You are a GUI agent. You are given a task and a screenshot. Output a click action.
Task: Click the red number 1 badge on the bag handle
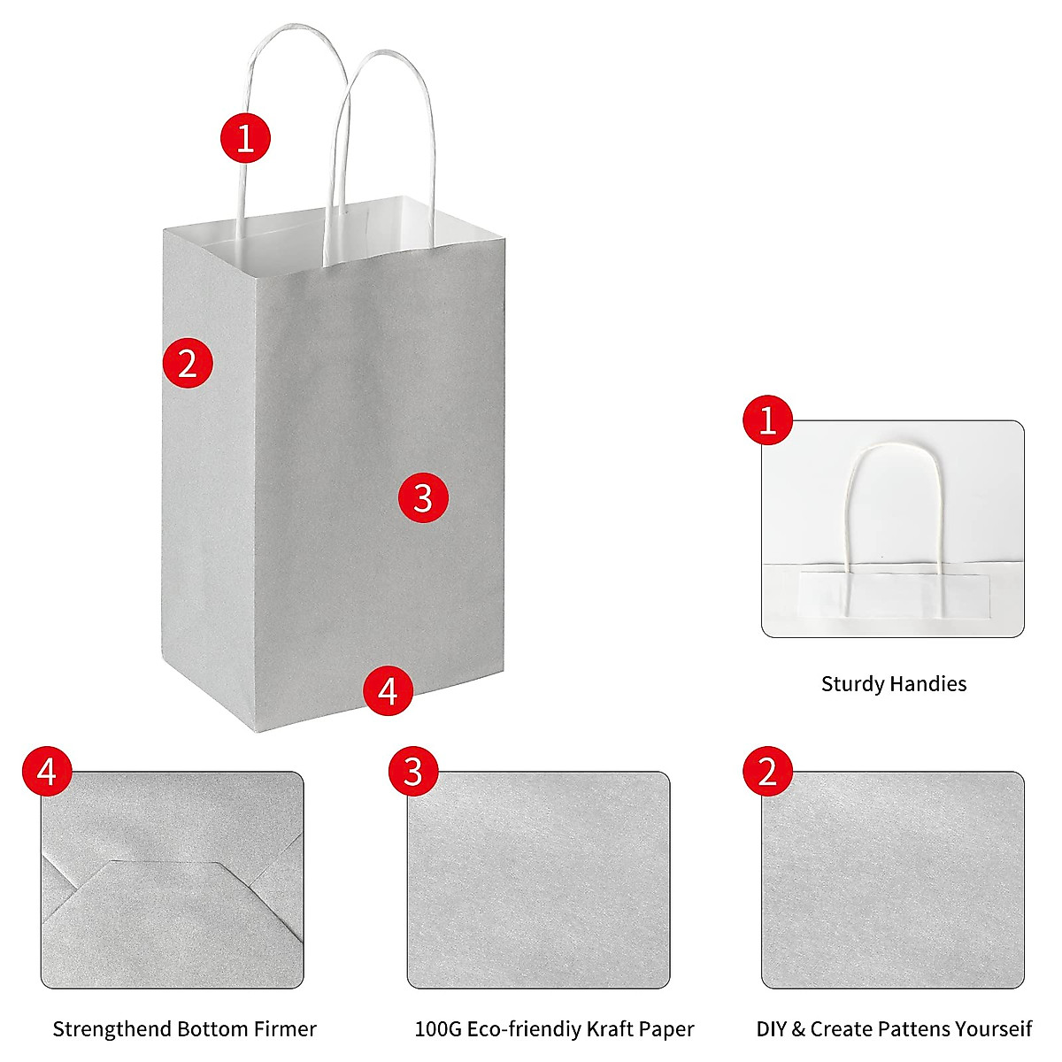pyautogui.click(x=245, y=138)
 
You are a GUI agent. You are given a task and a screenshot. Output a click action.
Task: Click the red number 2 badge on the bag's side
pyautogui.click(x=188, y=363)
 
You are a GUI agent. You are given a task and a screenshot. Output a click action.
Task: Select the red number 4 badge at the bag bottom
pyautogui.click(x=389, y=690)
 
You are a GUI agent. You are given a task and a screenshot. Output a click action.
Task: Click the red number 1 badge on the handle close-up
pyautogui.click(x=767, y=419)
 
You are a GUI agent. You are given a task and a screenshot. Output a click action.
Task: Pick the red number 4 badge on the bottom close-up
pyautogui.click(x=47, y=771)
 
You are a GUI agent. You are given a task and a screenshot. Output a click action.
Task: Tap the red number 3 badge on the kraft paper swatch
pyautogui.click(x=413, y=771)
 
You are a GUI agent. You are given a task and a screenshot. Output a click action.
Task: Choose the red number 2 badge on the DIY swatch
pyautogui.click(x=767, y=771)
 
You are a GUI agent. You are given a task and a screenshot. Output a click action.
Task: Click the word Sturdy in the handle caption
pyautogui.click(x=852, y=684)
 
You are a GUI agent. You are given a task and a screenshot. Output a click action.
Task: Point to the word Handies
pyautogui.click(x=928, y=684)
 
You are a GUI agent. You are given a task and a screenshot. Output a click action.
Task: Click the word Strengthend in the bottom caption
pyautogui.click(x=112, y=1029)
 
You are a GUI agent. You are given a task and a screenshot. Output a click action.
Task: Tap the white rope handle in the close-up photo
pyautogui.click(x=849, y=496)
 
